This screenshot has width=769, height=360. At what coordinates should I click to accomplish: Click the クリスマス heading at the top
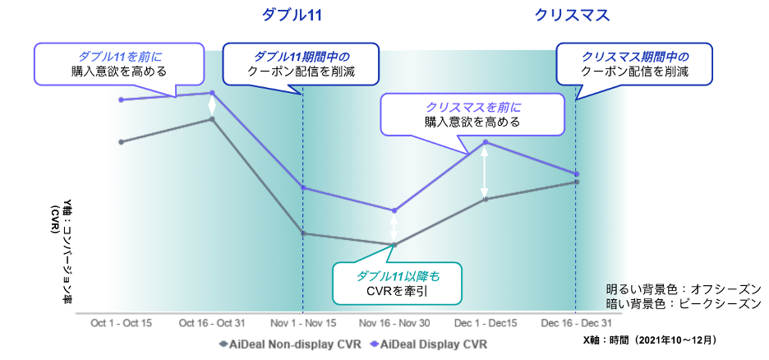pyautogui.click(x=573, y=15)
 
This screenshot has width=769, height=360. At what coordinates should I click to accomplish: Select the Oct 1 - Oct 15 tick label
pyautogui.click(x=121, y=323)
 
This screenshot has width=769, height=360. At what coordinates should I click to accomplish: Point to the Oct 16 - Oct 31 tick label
pyautogui.click(x=212, y=323)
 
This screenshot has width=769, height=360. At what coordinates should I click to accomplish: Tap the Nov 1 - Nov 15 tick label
pyautogui.click(x=303, y=323)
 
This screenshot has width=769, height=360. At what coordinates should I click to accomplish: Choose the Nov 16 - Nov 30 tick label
pyautogui.click(x=394, y=323)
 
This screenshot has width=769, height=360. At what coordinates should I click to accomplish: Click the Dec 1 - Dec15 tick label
pyautogui.click(x=485, y=323)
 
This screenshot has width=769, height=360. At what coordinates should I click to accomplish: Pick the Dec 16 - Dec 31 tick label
pyautogui.click(x=576, y=323)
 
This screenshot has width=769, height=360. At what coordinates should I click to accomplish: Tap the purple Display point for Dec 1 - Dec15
pyautogui.click(x=486, y=142)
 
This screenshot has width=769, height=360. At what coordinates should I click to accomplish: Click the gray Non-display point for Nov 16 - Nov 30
pyautogui.click(x=394, y=245)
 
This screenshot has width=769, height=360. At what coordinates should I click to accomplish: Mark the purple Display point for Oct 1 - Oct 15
pyautogui.click(x=122, y=99)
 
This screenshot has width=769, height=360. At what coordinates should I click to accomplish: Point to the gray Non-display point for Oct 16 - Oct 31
pyautogui.click(x=213, y=119)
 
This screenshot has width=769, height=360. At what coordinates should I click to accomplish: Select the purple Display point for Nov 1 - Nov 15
pyautogui.click(x=304, y=188)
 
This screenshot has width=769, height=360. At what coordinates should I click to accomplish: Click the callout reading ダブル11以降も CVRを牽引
pyautogui.click(x=397, y=284)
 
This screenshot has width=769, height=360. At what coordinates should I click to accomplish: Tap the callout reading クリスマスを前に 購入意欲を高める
pyautogui.click(x=472, y=114)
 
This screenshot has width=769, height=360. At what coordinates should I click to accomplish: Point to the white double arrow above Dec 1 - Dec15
pyautogui.click(x=486, y=171)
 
